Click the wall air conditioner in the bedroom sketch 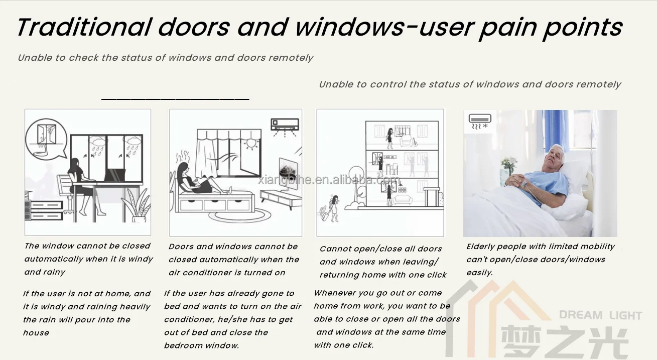click(285, 124)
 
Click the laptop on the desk click(114, 176)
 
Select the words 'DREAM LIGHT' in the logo click(600, 315)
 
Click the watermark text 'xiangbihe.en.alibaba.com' click(329, 180)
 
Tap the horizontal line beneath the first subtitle click(175, 99)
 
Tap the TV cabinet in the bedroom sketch click(280, 199)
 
